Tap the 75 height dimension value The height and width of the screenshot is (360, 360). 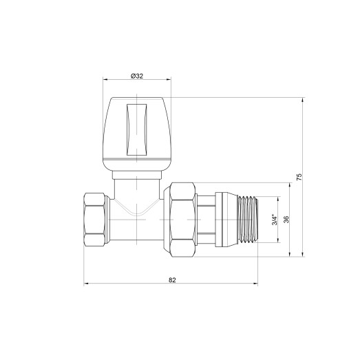coord(298,177)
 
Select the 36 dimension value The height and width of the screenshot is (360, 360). coord(285,220)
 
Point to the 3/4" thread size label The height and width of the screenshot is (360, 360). coord(273,220)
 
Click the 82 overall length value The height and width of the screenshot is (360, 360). coord(171,279)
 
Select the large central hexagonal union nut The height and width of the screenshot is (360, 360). coord(181,220)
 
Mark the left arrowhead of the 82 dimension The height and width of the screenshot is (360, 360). coord(86,284)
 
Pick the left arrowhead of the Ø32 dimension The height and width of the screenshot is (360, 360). coord(105,80)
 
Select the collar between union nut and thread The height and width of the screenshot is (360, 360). coord(215,220)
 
